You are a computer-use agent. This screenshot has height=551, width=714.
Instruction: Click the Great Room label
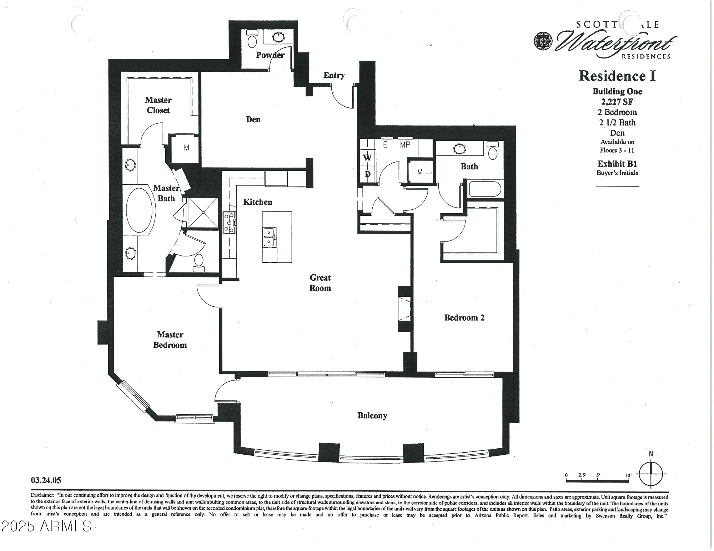[x=320, y=283]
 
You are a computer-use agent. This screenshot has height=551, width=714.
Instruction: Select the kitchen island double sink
[x=269, y=238]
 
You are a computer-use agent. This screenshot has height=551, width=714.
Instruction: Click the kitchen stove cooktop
[x=229, y=223]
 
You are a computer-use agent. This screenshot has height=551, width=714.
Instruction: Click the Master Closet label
[x=158, y=105]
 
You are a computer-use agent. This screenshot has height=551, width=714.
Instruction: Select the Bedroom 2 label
[x=464, y=318]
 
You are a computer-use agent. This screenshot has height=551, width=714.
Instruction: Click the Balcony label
[x=372, y=415]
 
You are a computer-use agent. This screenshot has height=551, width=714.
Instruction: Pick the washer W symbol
[x=367, y=158]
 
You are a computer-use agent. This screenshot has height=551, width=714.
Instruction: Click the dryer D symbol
[x=367, y=174]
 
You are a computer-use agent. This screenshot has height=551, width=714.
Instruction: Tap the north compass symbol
[x=651, y=474]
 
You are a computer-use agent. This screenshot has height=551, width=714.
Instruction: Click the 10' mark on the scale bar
[x=628, y=475]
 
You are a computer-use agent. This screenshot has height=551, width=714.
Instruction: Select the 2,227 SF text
[x=617, y=102]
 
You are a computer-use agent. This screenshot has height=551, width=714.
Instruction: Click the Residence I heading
[x=617, y=76]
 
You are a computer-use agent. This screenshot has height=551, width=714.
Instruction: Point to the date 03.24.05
[x=46, y=480]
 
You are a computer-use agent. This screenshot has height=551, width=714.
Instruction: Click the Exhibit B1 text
[x=617, y=164]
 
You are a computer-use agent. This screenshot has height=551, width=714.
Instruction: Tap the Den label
[x=253, y=119]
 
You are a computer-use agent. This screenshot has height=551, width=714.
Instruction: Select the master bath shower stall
[x=202, y=213]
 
